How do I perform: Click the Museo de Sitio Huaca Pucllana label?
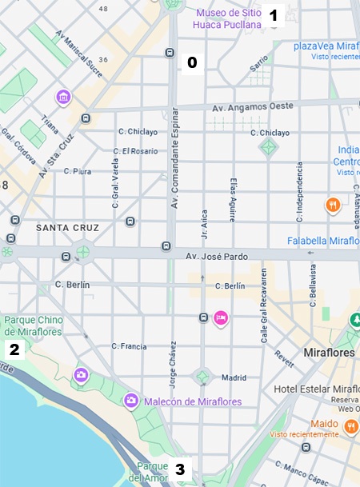tap(227, 18)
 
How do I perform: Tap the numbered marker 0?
tap(191, 62)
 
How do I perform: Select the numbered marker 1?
tap(273, 14)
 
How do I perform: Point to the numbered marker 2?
tap(14, 349)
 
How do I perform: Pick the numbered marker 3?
tap(180, 469)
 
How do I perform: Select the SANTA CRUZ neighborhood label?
tap(67, 228)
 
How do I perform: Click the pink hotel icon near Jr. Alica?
tap(222, 318)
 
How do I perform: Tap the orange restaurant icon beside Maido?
tap(350, 428)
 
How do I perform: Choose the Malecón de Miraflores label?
tap(189, 400)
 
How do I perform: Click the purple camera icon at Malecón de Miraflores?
tap(130, 399)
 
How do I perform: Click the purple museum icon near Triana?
tap(63, 98)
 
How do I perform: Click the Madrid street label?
tap(234, 377)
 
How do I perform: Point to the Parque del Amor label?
tap(152, 472)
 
